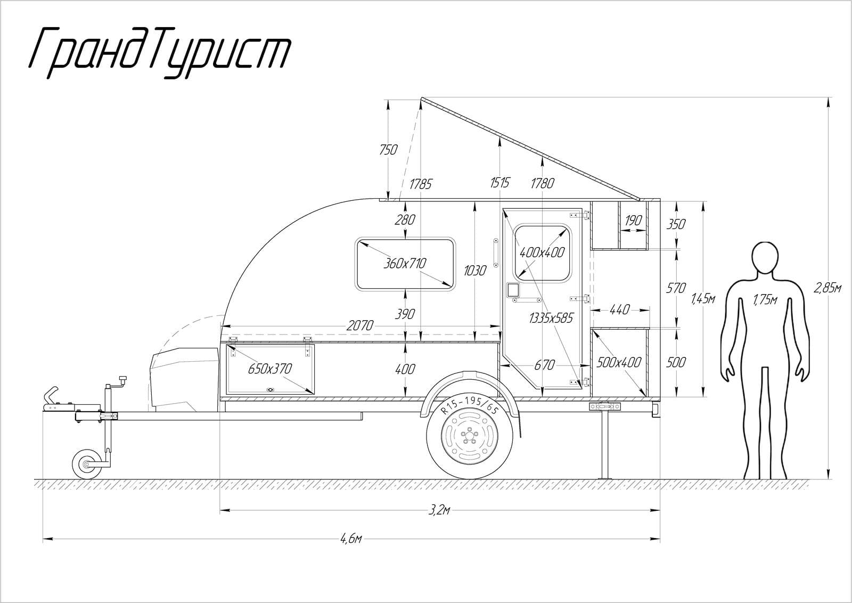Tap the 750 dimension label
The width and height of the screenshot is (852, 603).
coord(388,150)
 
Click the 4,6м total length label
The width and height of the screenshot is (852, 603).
coord(351,539)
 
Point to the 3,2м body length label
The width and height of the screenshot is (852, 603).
coord(439,510)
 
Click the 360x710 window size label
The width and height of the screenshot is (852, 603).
coord(405,263)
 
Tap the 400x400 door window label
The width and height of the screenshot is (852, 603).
coord(542,252)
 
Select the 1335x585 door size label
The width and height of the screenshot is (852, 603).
coord(551,318)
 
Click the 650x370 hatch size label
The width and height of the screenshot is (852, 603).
coord(270,369)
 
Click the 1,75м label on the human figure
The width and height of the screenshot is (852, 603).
coord(765,300)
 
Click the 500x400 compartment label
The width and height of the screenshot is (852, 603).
coord(619,363)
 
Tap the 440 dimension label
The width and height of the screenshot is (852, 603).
coord(620,309)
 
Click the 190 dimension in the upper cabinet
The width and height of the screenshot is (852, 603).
coord(633,220)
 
